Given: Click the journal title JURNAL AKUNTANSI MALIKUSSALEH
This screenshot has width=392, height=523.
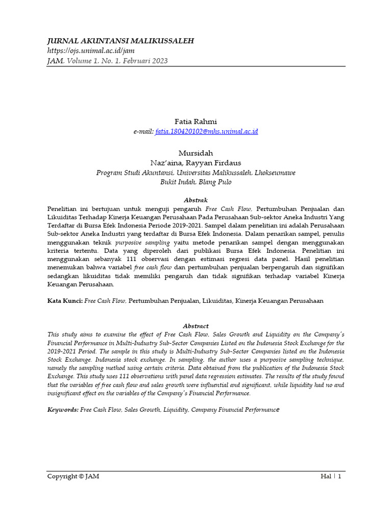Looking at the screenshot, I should coord(120,41).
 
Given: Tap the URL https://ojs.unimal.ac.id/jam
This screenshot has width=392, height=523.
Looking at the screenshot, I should coord(90,51).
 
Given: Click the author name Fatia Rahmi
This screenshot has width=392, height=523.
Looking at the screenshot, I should coord(195,122).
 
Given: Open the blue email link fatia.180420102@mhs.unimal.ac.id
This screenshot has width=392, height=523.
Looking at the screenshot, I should coord(203,131).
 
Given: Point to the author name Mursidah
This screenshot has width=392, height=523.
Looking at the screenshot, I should coord(195,153).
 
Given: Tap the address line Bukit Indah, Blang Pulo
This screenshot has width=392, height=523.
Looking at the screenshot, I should coord(195,182).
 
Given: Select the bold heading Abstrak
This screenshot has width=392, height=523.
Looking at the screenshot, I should coord(195,200).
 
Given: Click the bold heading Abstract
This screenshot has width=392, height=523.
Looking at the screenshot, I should coord(195,326).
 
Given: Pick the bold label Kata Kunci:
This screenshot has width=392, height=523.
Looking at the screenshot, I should coord(65,301).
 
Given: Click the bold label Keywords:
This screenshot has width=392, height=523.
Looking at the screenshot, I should coord(63,410).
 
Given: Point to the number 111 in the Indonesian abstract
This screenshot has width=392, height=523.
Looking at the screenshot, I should coord(134,258).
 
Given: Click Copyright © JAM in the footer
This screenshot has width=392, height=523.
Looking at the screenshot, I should coord(73,477).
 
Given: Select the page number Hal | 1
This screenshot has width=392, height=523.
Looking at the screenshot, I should coord(331,477).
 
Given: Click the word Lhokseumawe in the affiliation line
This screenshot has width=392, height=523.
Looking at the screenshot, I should coord(271,173).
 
